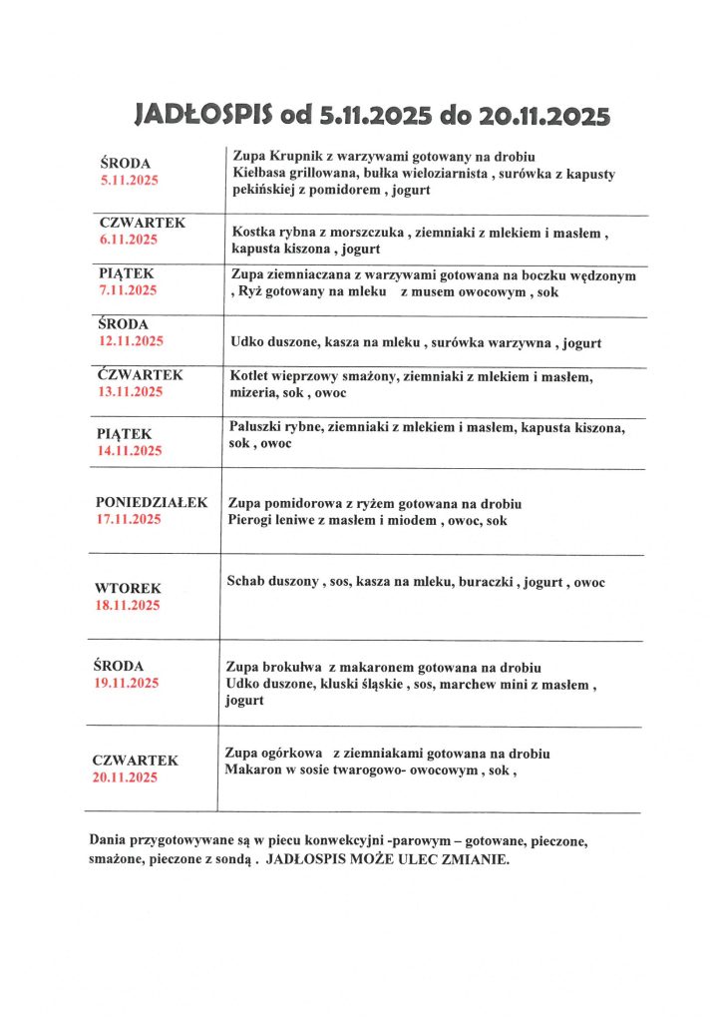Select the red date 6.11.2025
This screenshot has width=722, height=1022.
pyautogui.click(x=130, y=240)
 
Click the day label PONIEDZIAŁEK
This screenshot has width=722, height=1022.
pyautogui.click(x=152, y=502)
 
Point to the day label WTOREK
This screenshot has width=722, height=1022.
pyautogui.click(x=128, y=589)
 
